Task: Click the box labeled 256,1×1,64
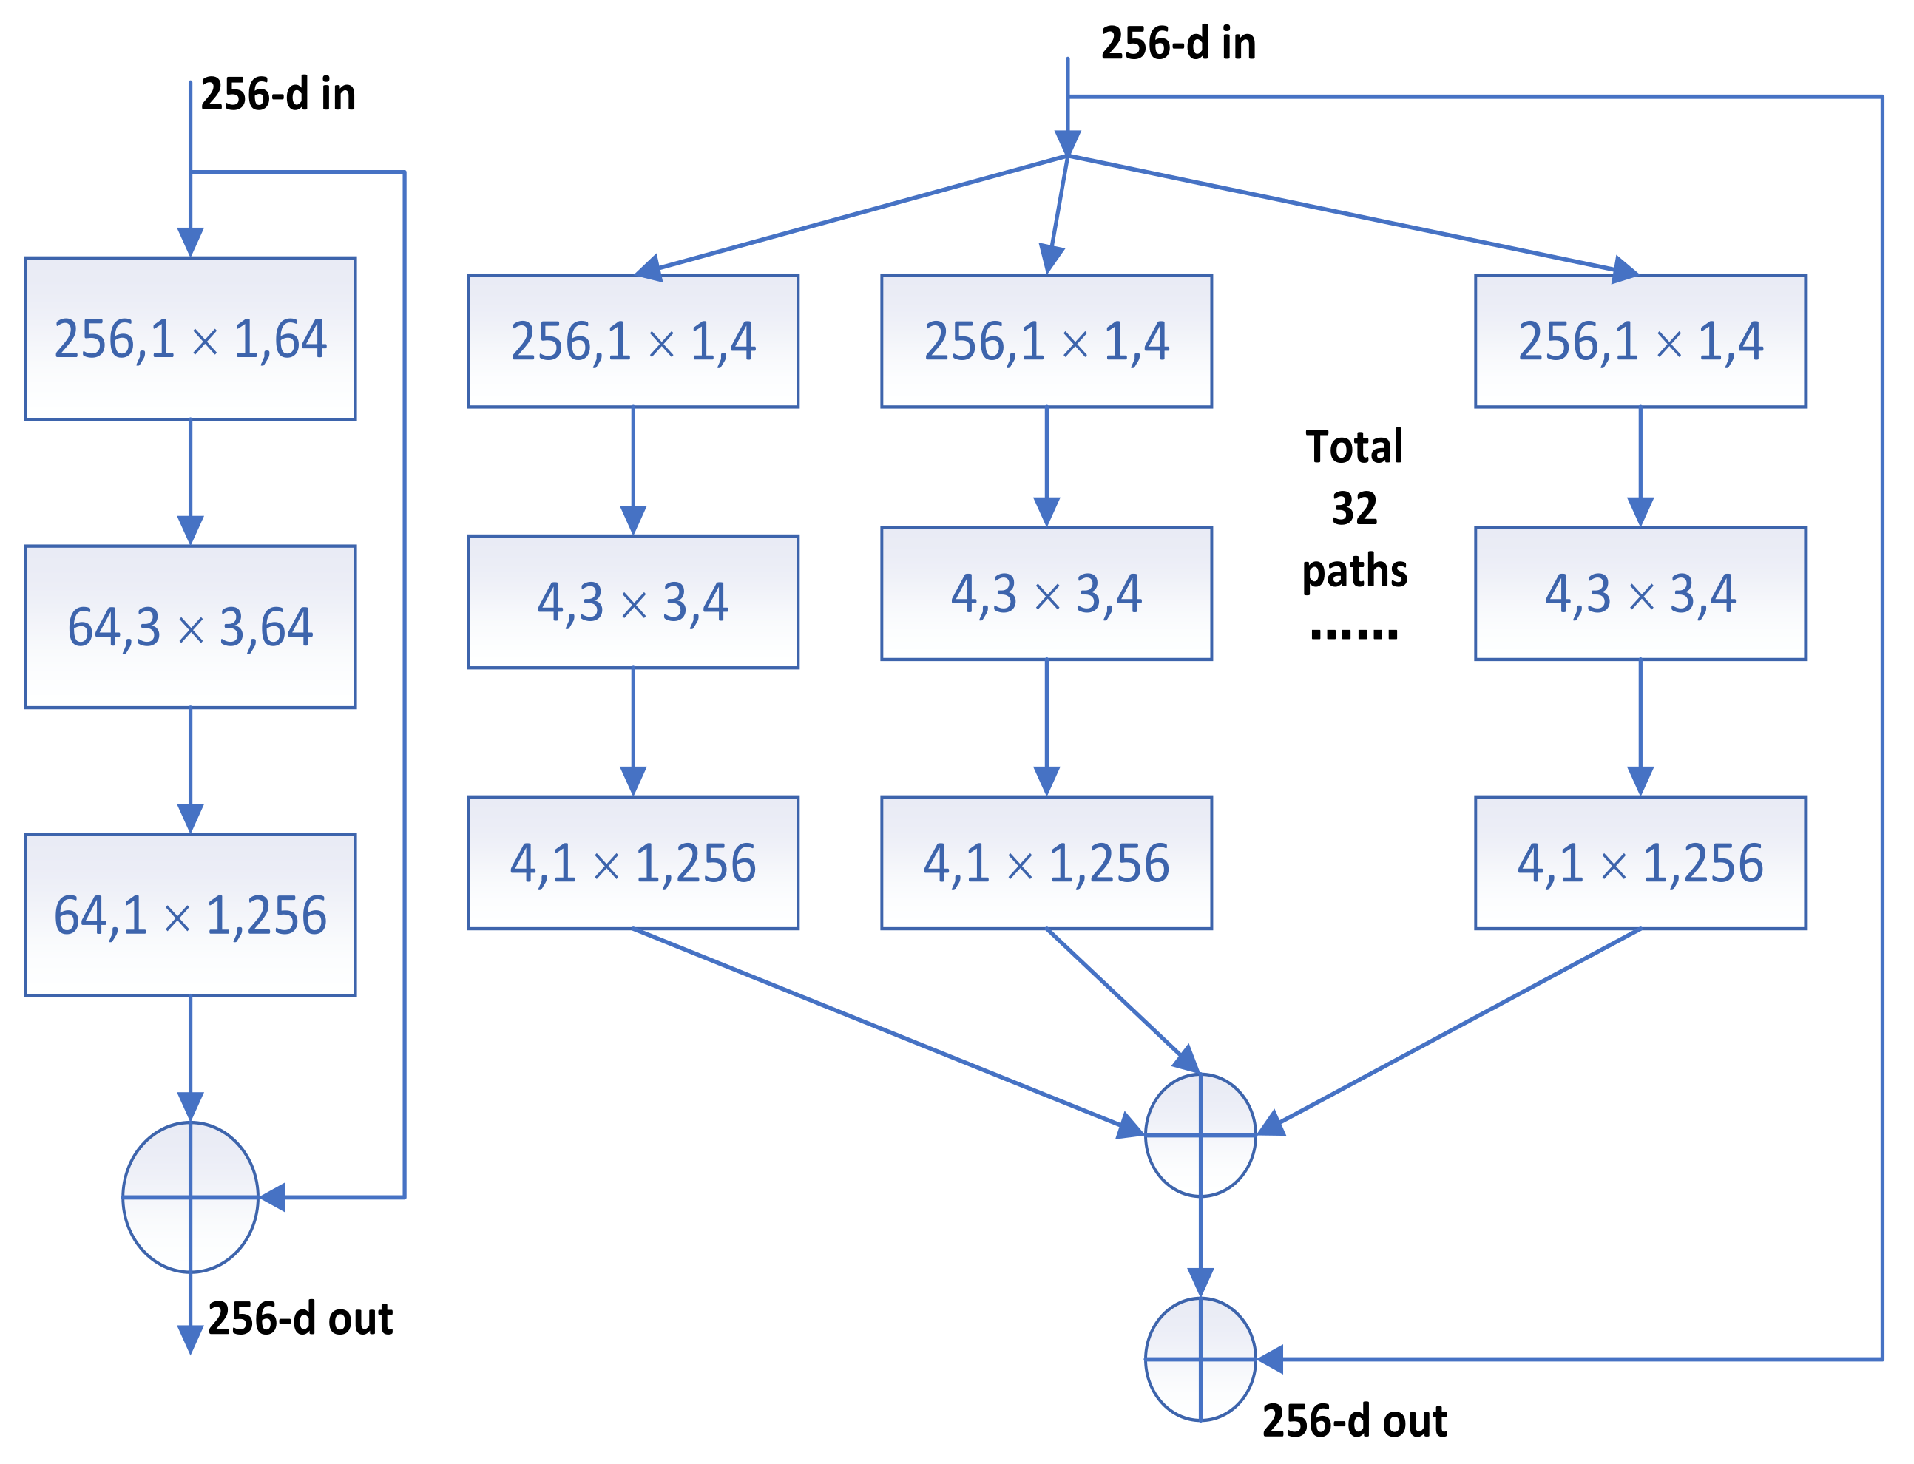(190, 338)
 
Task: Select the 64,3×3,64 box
(190, 626)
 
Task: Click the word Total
(1353, 447)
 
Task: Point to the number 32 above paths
(1353, 508)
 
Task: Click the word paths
(1353, 571)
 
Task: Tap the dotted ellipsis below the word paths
(1353, 634)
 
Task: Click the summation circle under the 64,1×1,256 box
(190, 1196)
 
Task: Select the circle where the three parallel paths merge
(1200, 1134)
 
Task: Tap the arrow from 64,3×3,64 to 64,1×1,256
(190, 770)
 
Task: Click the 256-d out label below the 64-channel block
(300, 1318)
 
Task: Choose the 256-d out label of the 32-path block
(1353, 1421)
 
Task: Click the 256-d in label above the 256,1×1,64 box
(278, 94)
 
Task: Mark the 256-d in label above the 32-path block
(1177, 44)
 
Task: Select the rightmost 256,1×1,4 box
(1640, 341)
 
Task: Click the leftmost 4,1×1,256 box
(633, 863)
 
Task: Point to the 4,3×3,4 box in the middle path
(1046, 594)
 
